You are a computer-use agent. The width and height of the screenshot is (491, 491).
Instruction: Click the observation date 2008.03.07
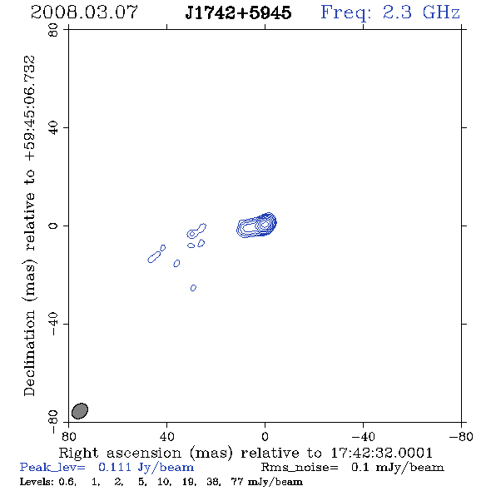(x=84, y=12)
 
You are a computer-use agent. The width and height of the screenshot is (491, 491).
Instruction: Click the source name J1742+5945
(x=238, y=13)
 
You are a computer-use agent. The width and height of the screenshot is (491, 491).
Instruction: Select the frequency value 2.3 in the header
(x=397, y=12)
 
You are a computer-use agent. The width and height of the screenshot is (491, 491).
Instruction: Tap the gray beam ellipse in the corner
(x=80, y=411)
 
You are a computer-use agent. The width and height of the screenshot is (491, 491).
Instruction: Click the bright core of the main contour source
(x=265, y=224)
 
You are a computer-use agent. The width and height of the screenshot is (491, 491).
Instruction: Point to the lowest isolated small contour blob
(x=193, y=288)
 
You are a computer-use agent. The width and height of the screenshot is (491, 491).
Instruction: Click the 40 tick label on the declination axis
(x=53, y=128)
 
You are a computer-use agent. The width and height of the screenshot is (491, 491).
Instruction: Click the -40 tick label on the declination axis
(x=53, y=324)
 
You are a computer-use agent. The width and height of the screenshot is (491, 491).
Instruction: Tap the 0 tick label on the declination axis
(x=53, y=226)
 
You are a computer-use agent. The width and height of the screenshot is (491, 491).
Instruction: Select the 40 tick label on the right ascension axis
(x=167, y=436)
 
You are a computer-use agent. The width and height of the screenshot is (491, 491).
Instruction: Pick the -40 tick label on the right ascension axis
(x=363, y=436)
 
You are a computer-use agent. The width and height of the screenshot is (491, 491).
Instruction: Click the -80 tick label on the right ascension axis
(x=461, y=436)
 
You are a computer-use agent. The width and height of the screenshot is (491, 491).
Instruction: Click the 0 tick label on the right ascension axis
(x=265, y=436)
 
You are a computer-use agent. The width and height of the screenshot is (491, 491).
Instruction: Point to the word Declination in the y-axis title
(x=29, y=353)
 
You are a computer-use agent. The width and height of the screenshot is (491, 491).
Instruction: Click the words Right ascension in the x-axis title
(x=120, y=453)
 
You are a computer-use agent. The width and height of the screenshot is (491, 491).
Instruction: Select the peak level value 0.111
(x=115, y=467)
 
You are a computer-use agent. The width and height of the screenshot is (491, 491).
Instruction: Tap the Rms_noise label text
(x=300, y=468)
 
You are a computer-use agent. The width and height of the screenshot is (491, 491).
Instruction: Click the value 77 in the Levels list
(x=236, y=481)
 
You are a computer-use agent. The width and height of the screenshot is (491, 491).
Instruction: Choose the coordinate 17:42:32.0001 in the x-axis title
(x=381, y=453)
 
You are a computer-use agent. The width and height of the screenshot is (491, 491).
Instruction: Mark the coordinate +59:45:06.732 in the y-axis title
(x=29, y=108)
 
